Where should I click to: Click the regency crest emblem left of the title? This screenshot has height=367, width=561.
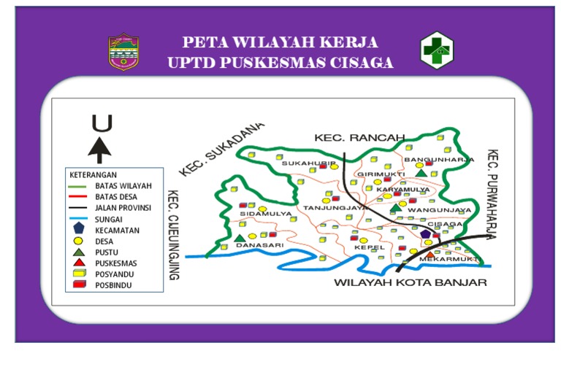tap(123, 51)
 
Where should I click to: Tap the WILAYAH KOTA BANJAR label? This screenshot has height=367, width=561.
tap(409, 282)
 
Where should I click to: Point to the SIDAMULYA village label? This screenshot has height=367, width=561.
tap(266, 214)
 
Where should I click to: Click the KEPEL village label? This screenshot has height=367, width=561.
tap(365, 248)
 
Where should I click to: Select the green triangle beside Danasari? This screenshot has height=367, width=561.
tap(240, 238)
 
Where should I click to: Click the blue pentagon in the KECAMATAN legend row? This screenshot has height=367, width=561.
tap(78, 229)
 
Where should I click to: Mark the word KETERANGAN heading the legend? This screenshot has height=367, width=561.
tap(93, 175)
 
